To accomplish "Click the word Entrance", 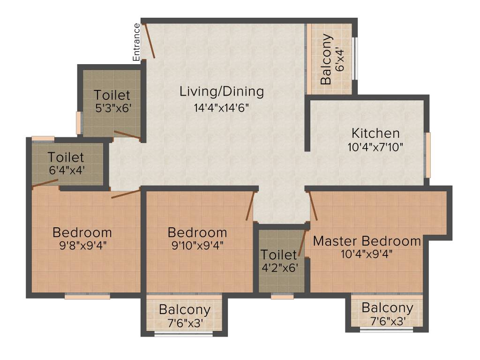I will pos(136,42).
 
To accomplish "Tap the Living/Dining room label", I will pos(222,91).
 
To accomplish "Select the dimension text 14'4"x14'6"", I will pos(221,107).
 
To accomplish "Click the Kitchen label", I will pos(375,133).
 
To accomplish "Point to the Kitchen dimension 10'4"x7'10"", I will pos(375,147).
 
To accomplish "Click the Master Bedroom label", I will pos(367,241).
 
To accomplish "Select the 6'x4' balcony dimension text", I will pos(340,60).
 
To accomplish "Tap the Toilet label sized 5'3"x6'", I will pos(112,95).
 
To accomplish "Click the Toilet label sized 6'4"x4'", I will pos(66,157).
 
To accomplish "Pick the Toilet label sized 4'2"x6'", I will pos(279,255).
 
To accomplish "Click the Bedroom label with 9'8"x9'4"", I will pos(82,232).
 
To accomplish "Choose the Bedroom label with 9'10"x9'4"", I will pos(197,232).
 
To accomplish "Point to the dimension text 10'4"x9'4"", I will pos(367,255).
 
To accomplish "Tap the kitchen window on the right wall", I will pos(427,155).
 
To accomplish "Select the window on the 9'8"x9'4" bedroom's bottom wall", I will pos(87,296).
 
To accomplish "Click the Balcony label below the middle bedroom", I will pos(184,310).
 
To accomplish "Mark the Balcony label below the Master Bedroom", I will pos(387,308).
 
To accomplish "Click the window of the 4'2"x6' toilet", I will pos(282,296).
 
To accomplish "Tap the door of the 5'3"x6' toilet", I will pos(127,135).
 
